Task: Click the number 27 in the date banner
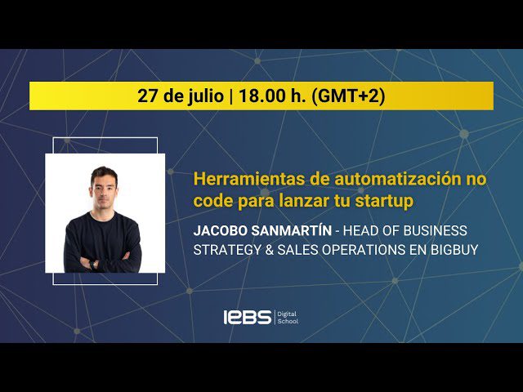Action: click(147, 96)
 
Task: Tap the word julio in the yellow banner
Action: click(203, 96)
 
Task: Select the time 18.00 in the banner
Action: click(261, 96)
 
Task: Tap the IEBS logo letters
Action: click(248, 317)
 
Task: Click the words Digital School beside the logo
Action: click(288, 317)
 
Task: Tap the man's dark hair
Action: click(104, 171)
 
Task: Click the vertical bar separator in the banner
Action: click(231, 96)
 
